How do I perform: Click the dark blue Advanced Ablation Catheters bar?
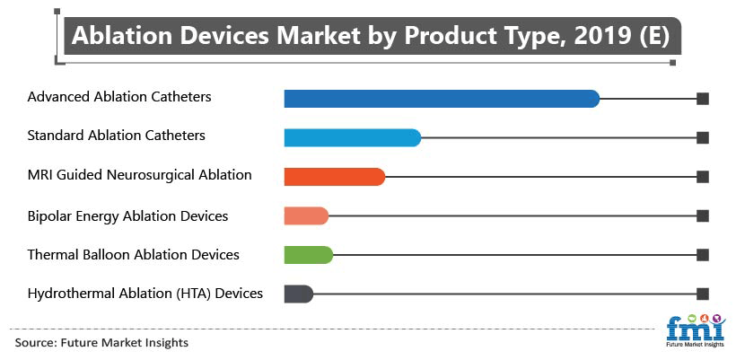click(442, 99)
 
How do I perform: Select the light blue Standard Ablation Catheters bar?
click(353, 137)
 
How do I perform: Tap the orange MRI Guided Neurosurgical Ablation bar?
click(335, 177)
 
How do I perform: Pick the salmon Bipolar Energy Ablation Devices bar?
click(306, 215)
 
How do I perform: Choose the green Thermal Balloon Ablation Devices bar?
click(309, 255)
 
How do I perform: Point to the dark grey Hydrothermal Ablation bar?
click(299, 294)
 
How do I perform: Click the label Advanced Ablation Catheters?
click(119, 97)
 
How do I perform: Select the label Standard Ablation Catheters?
click(117, 136)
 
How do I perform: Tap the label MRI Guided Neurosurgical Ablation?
click(139, 175)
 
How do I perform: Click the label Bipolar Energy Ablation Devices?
click(127, 215)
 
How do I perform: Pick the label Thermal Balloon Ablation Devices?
click(134, 255)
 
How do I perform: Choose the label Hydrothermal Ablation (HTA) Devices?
click(145, 294)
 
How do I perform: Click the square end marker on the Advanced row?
click(703, 99)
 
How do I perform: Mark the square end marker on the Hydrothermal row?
click(703, 294)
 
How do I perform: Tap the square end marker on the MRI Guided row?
click(703, 177)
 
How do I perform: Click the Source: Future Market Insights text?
click(101, 343)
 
